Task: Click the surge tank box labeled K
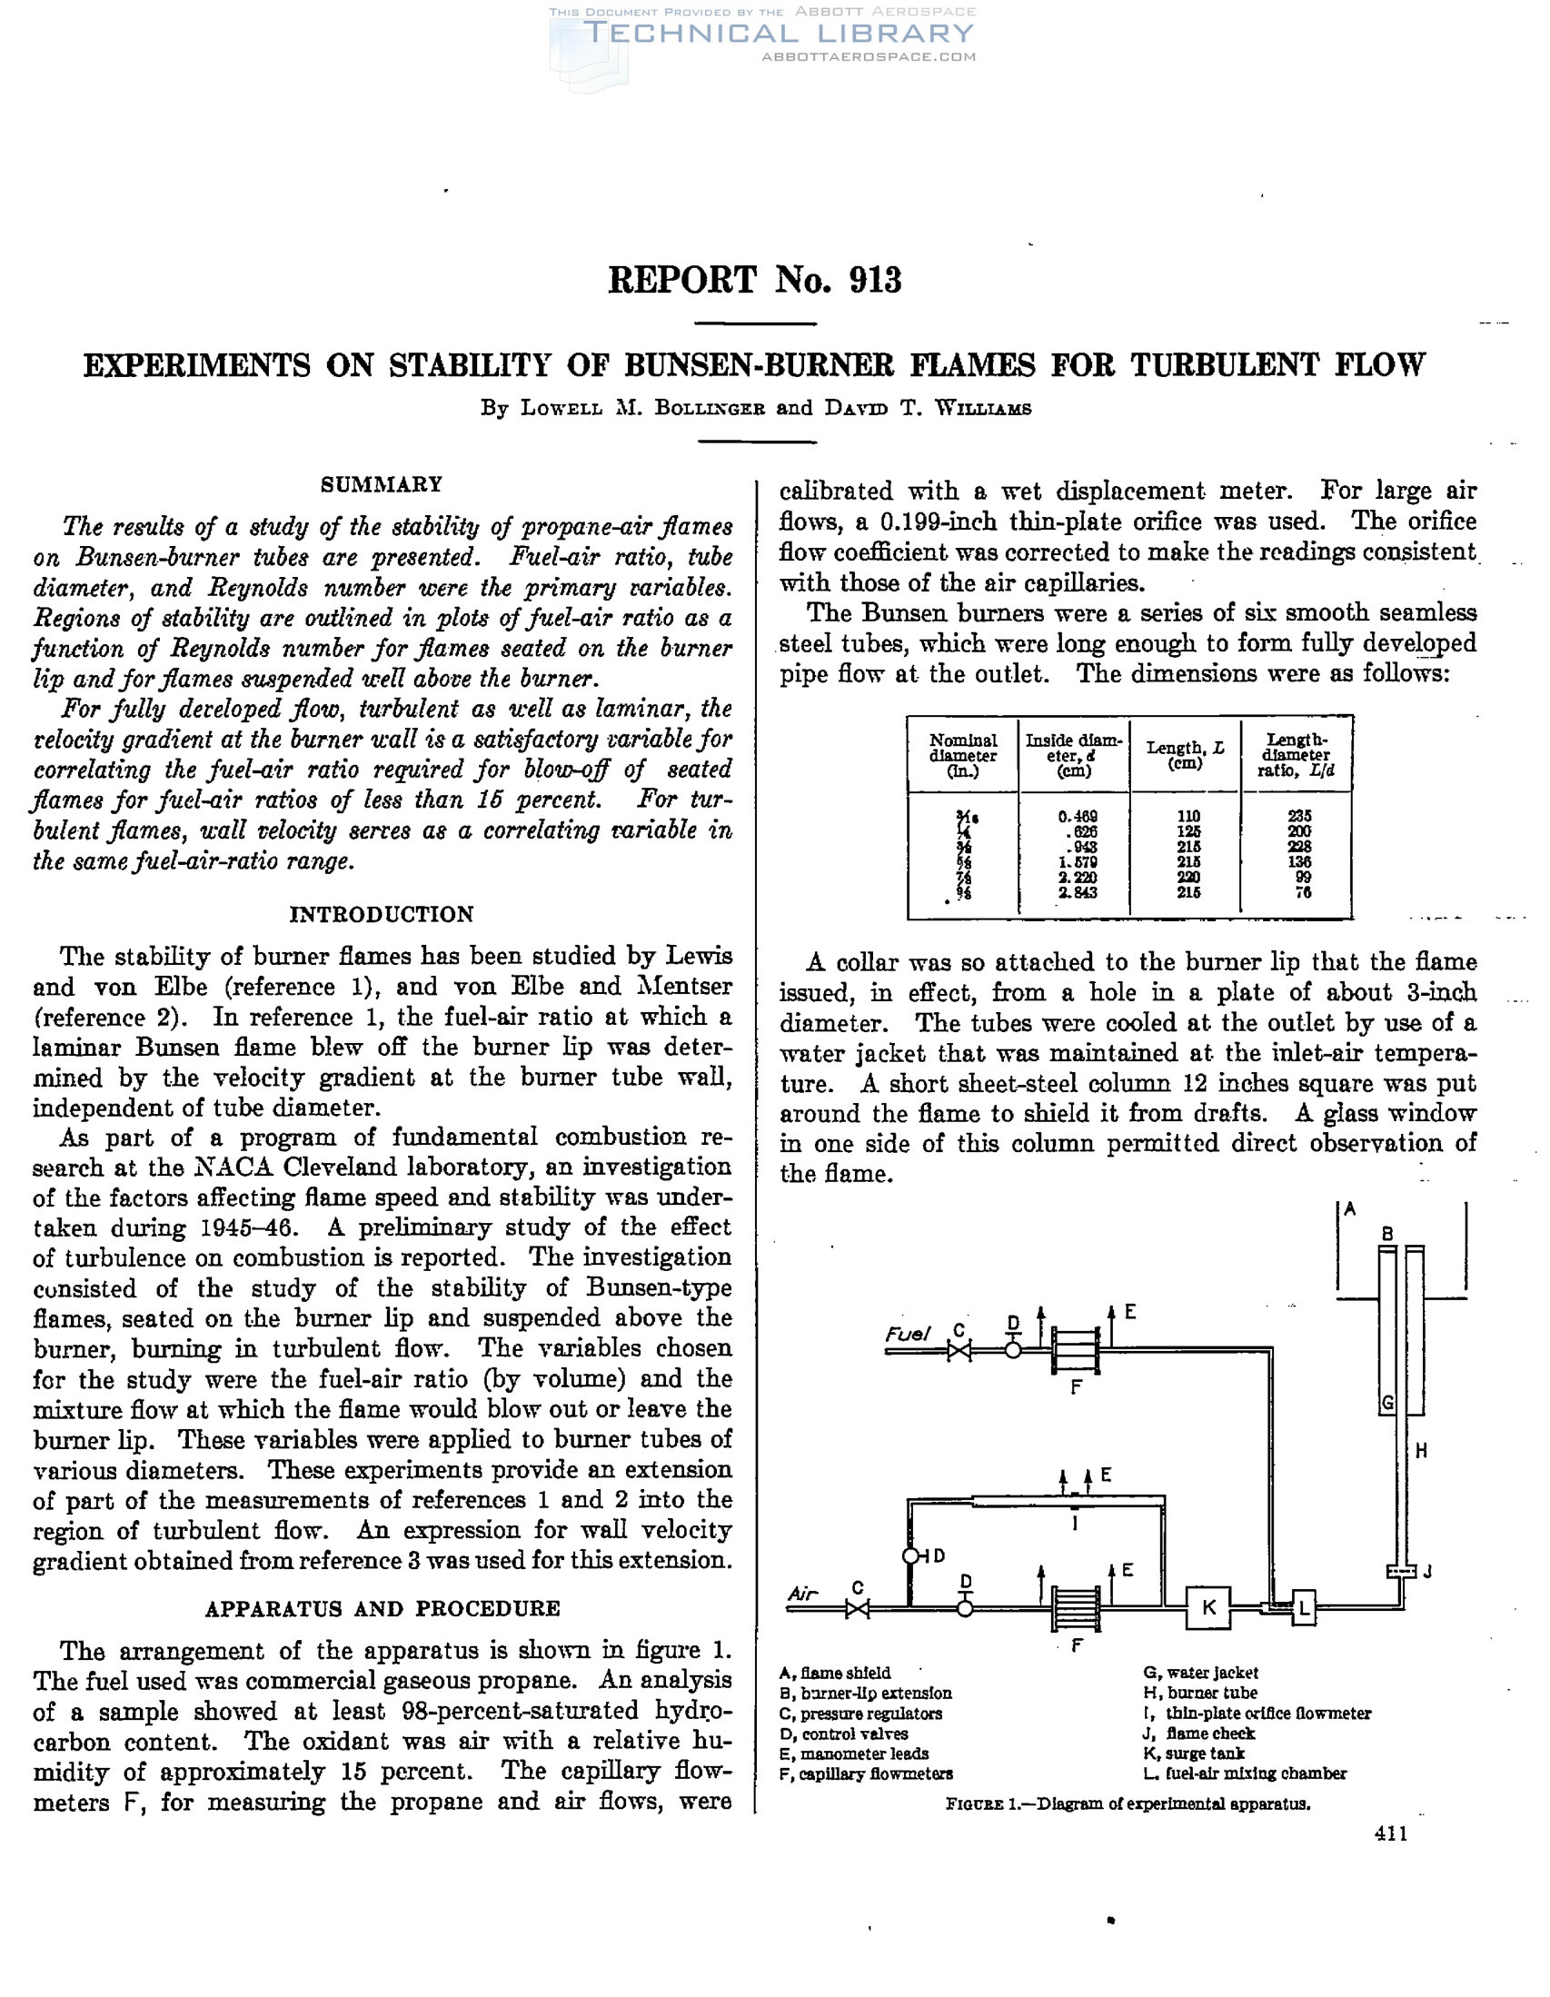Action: pyautogui.click(x=1208, y=1606)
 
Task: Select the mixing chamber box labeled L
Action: pyautogui.click(x=1304, y=1608)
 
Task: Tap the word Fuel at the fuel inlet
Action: pyautogui.click(x=906, y=1334)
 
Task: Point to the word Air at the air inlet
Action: pyautogui.click(x=803, y=1594)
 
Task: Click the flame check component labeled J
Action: pyautogui.click(x=1400, y=1571)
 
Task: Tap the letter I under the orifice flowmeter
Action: pyautogui.click(x=1076, y=1524)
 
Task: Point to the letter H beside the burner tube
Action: pyautogui.click(x=1421, y=1449)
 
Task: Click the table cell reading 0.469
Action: pyautogui.click(x=1078, y=817)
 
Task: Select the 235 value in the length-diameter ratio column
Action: pyautogui.click(x=1299, y=817)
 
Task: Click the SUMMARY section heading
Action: pyautogui.click(x=382, y=484)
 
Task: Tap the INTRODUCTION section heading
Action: pyautogui.click(x=382, y=914)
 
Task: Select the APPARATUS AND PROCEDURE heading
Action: pyautogui.click(x=383, y=1608)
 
